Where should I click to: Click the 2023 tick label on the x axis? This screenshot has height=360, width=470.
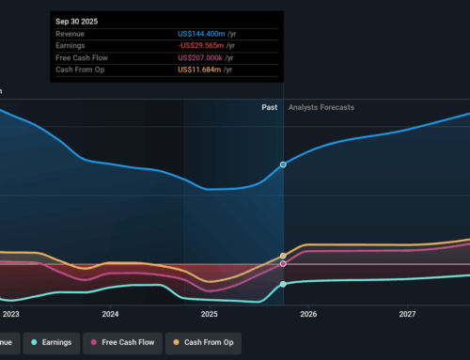tap(11, 314)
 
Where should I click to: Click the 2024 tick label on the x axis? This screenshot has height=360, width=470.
tap(110, 314)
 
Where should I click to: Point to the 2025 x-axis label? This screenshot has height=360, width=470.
tap(209, 314)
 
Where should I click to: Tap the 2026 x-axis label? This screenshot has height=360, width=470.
tap(308, 314)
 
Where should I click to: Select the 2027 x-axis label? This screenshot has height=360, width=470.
tap(408, 314)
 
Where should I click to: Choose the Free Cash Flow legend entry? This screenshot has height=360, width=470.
tap(127, 342)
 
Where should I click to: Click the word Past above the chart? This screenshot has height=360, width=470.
tap(270, 108)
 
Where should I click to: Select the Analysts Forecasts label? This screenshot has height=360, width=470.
tap(321, 108)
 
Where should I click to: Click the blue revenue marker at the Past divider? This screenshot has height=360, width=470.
tap(284, 164)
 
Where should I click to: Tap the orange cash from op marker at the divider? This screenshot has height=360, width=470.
tap(284, 256)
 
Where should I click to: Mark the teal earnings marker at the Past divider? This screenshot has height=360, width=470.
tap(284, 284)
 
